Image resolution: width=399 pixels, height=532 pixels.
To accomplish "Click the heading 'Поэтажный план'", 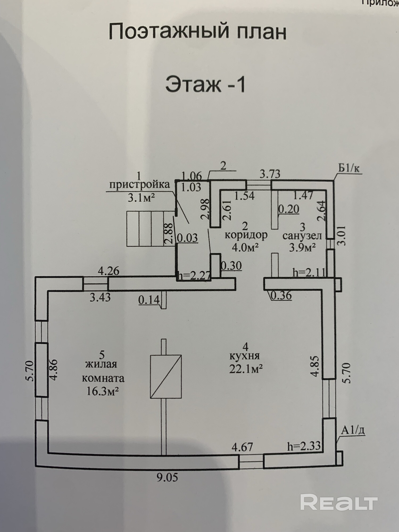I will point(197,31).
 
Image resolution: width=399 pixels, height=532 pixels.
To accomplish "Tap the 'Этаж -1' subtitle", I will point(205,84).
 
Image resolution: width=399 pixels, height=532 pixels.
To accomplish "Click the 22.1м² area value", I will point(246,369).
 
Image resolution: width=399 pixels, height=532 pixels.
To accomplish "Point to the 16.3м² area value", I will point(102,391).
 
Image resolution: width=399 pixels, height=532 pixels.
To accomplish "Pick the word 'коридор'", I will point(246,235).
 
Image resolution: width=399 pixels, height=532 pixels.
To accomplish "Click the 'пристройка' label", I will point(139,185).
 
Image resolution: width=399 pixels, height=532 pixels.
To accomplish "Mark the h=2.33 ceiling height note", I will point(304,446).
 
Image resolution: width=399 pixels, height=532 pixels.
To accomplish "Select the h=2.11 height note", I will point(309,272).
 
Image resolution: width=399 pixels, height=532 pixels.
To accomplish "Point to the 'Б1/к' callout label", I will point(348,168).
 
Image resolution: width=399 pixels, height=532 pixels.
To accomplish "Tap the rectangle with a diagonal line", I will point(166,376).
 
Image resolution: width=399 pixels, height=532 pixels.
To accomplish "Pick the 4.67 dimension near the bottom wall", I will point(242,447).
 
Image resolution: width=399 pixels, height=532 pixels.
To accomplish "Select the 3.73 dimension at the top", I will point(270,174).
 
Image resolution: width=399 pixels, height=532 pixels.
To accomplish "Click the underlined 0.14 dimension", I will point(149,300).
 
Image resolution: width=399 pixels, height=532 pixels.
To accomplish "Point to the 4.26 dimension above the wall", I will point(109,271).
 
